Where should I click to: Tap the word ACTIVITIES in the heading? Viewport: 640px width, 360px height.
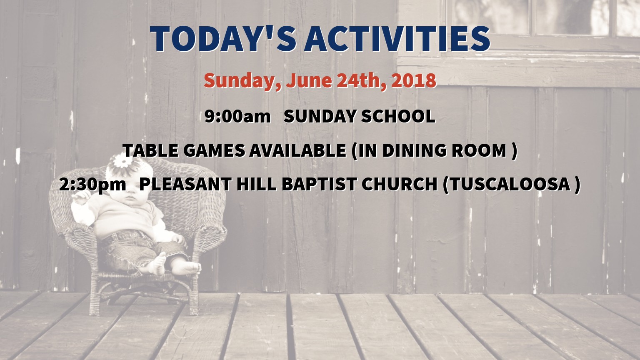pos(397,39)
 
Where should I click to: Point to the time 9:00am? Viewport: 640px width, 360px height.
pos(237,117)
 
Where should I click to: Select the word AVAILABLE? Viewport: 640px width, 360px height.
pos(297,150)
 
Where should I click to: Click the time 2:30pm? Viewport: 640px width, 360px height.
pos(92,184)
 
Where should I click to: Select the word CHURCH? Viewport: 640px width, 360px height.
pos(400,184)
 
